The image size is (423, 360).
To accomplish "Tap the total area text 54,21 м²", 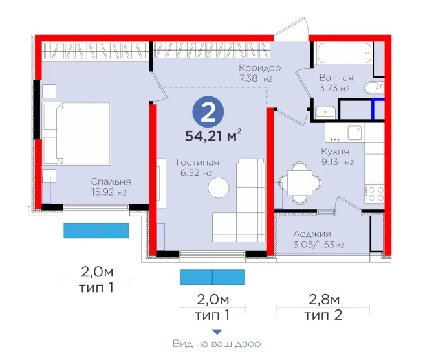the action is point(213,136).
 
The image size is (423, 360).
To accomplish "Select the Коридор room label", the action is point(260,67).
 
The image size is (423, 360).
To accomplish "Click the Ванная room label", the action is point(336,78).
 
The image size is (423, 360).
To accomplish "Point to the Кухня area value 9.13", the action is point(330,162).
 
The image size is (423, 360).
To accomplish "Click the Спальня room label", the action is point(111,181).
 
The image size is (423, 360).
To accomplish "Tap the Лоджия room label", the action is point(312,234).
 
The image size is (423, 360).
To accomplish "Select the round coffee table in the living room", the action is point(219,187).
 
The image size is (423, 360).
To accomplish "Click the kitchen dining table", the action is point(299,183).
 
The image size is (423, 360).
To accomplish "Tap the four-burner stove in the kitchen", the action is point(374,194).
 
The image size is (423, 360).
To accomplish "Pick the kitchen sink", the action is point(355,133).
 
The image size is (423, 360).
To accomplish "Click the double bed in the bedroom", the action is point(77,133).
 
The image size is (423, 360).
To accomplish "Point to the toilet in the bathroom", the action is point(374,87).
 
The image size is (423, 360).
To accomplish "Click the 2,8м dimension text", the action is point(324,300).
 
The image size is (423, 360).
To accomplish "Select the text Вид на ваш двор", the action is point(217,344).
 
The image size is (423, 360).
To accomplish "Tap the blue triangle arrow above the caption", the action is point(217,332).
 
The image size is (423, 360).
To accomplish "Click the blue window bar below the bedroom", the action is point(96,231).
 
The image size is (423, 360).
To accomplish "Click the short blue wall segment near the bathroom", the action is point(373,109).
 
